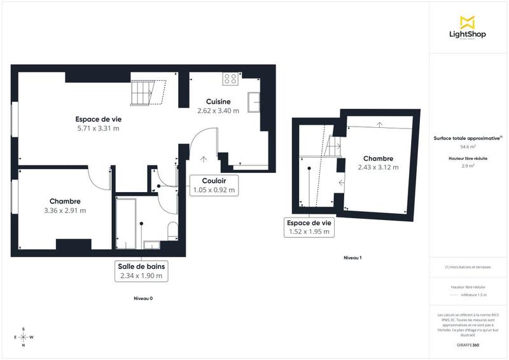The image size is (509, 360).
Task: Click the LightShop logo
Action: (x=468, y=28)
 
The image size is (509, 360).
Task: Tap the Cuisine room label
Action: (x=218, y=101)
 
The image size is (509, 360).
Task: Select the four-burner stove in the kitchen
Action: (x=230, y=79)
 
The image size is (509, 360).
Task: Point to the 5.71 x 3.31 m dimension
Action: (x=98, y=128)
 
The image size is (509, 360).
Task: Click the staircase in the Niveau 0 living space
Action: (x=146, y=90)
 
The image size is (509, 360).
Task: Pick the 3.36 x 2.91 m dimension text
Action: (x=65, y=211)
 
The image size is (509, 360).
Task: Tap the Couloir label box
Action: (x=214, y=184)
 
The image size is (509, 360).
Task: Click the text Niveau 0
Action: (x=143, y=298)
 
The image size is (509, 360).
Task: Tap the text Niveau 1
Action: (x=352, y=258)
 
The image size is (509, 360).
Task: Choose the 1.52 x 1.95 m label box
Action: (x=309, y=228)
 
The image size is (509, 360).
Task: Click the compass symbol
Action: (x=24, y=337)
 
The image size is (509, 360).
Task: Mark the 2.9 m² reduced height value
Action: (x=468, y=165)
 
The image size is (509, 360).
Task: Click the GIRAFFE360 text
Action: (x=468, y=345)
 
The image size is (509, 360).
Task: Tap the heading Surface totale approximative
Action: (x=468, y=137)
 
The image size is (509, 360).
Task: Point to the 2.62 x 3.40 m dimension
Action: (x=218, y=110)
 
